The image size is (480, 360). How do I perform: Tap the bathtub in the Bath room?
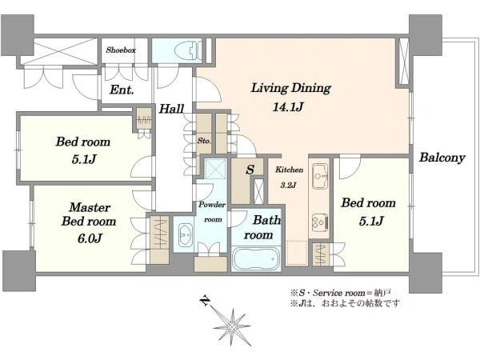(257, 258)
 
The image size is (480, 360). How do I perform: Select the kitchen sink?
(319, 176)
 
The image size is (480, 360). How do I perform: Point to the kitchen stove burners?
(320, 222)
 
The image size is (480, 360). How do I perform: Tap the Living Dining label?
(291, 88)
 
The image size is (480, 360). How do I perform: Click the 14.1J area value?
(288, 107)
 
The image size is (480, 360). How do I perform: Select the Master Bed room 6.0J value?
(90, 238)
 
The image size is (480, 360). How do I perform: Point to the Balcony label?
(442, 158)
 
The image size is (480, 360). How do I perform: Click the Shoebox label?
(121, 50)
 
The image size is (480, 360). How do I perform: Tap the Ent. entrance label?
(122, 90)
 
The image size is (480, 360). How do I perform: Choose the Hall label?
(171, 109)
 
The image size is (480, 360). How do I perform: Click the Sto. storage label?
(204, 141)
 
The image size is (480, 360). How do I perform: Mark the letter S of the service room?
(250, 170)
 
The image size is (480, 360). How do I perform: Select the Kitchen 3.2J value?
(288, 186)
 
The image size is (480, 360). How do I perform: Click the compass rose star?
(232, 327)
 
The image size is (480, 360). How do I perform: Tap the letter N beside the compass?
(205, 301)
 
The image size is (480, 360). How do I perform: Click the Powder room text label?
(212, 212)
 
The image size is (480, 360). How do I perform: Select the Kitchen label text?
(290, 170)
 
